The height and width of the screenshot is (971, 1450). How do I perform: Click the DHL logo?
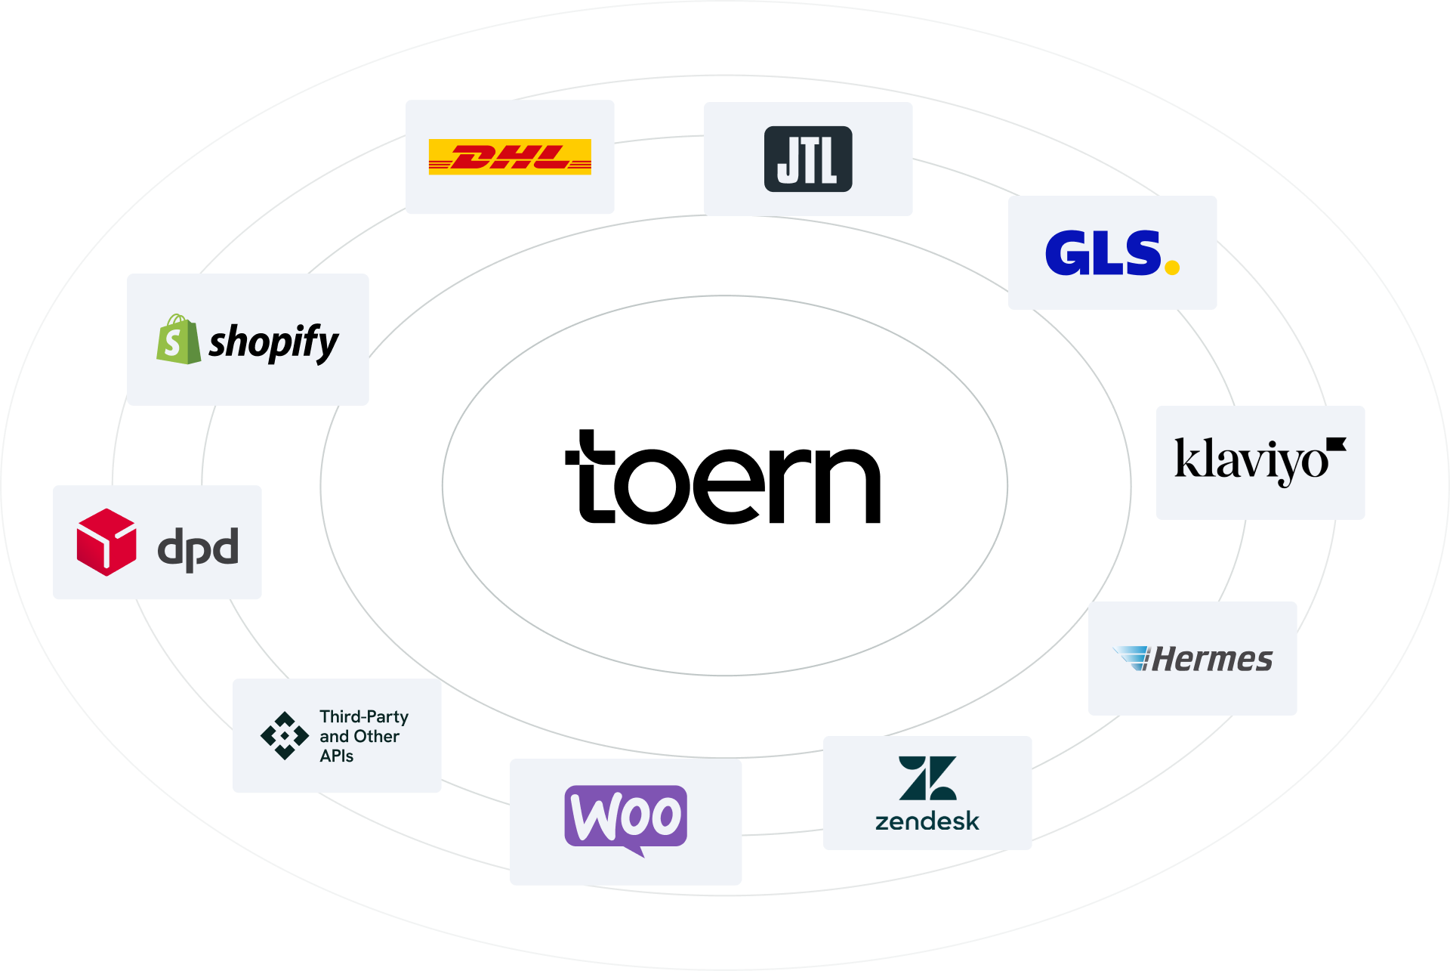click(510, 157)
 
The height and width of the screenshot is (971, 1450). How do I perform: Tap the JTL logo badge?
click(808, 159)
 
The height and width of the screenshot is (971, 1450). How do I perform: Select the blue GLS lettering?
click(1103, 253)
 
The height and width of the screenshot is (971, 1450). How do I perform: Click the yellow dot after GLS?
click(1172, 266)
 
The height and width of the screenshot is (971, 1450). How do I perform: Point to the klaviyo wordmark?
click(1251, 460)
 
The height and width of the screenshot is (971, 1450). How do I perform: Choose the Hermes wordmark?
click(1213, 660)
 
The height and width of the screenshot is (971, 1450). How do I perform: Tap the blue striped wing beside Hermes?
click(1132, 657)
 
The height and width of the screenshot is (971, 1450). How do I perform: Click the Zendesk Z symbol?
click(927, 778)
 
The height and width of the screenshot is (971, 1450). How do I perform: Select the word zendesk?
click(927, 821)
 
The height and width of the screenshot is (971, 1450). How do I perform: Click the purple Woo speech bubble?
click(625, 818)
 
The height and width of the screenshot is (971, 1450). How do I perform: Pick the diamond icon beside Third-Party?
click(285, 735)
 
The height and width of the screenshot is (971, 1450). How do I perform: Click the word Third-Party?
click(364, 716)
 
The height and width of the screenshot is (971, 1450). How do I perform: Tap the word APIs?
click(337, 756)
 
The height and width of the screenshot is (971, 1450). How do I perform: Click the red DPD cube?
click(106, 542)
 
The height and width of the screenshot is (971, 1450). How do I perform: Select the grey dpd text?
click(198, 548)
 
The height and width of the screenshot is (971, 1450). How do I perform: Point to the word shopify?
click(273, 342)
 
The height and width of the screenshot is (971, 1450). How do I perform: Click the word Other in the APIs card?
click(376, 736)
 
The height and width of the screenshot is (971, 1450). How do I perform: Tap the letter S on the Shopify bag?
click(173, 344)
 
